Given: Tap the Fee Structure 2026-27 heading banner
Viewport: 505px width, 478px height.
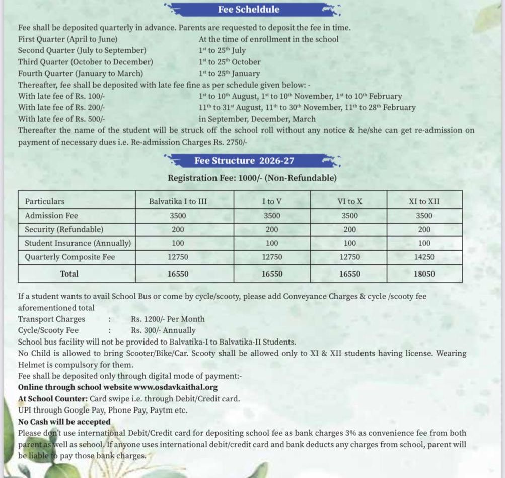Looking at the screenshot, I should coord(244,161).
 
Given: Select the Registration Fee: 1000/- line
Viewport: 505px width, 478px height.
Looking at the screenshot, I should coord(252,178).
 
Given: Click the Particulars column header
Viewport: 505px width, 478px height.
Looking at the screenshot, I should coord(45,201).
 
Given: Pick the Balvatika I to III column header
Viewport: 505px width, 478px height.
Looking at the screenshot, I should coord(178,201).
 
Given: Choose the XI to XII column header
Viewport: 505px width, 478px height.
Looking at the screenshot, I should coord(424,201).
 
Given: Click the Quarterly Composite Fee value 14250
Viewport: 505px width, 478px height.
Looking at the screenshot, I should coord(424,257).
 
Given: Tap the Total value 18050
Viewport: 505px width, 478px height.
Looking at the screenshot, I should coord(424,274).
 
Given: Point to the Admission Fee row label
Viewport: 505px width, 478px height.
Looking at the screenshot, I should coord(51,215).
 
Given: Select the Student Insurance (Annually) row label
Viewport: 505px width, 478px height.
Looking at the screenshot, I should coord(78,243).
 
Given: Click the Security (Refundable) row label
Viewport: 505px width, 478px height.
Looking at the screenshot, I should coord(64,229).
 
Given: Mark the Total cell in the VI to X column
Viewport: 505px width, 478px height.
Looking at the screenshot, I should coord(349,274).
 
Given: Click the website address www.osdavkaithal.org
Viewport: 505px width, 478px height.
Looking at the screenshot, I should coord(175,387).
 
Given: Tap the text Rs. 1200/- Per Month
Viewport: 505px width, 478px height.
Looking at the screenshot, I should coord(168,319).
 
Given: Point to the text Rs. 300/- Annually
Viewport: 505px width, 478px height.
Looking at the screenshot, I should coord(163,330).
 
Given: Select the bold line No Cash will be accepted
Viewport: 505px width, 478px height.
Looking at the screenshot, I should coord(64,422).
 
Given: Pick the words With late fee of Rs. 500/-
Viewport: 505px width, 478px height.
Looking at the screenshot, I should coord(61,119).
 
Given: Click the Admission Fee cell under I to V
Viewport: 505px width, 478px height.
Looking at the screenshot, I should coord(272,215).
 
